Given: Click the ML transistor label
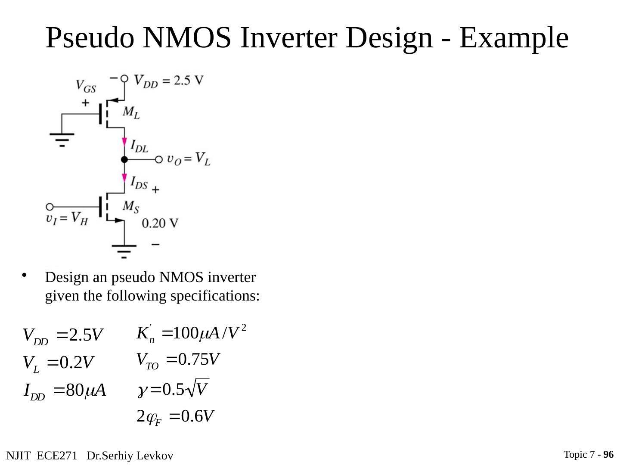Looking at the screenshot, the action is coord(131,112).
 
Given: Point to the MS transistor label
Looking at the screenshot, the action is coord(131,207).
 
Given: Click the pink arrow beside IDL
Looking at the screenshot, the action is coord(124,143).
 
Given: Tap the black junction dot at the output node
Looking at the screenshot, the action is coord(124,160).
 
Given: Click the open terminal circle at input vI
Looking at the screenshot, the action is coord(50,207).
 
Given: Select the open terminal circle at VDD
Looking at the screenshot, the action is coord(124,78).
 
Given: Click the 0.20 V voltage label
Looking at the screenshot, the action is coord(160,223).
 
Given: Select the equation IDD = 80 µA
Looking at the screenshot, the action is coord(65,391).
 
